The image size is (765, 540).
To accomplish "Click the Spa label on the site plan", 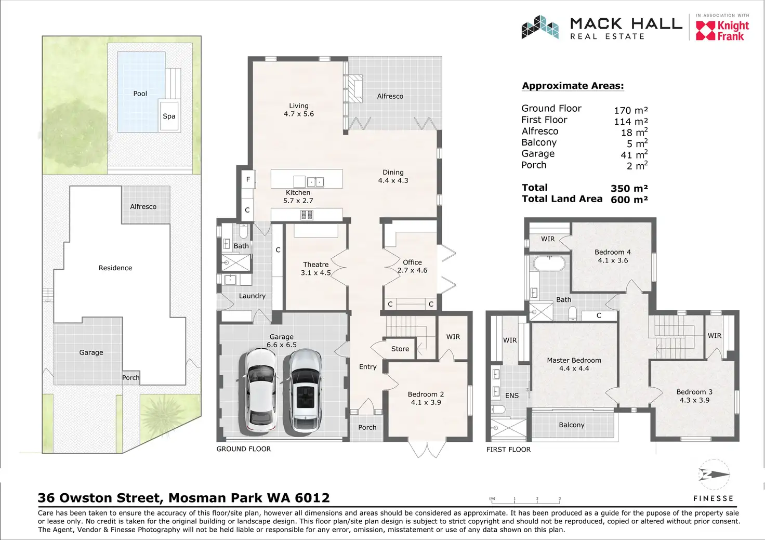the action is coord(169,116).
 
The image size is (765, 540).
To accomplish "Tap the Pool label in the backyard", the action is coord(140,94).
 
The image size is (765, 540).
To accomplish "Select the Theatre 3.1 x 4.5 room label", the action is coord(315,269).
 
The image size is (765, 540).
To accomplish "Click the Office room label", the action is coord(412,262).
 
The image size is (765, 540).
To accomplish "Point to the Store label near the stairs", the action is coord(400,349).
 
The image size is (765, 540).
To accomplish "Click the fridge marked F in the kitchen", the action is coord(248,179).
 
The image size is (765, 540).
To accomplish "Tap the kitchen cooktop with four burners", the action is coord(306,215).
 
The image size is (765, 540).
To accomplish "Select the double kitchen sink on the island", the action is coord(315,182).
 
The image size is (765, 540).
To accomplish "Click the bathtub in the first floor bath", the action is coord(549,264).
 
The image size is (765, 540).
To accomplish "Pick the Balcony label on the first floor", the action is coord(571,425).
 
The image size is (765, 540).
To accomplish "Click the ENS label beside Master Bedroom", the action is coord(511,396).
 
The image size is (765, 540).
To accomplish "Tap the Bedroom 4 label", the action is coord(613,252).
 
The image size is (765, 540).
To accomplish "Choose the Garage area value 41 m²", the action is coord(634,155).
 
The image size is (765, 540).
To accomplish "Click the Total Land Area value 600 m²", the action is coord(629,200).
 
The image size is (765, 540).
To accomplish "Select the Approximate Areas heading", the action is coord(573,86).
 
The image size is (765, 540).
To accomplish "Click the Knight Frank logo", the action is coord(722,31).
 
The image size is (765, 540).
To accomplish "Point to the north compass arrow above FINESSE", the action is coord(714,475).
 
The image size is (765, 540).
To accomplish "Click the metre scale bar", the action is coord(525,501).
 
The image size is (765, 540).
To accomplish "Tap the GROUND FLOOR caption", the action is coord(244,449).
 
